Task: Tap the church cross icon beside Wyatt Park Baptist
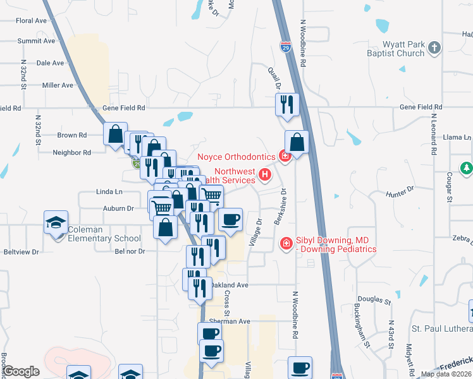434,47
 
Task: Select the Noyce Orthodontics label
236,157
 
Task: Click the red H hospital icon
266,174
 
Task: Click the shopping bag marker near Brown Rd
116,134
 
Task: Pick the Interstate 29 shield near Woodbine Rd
285,46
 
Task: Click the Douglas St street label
370,299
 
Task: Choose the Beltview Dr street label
23,251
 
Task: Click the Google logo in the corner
21,371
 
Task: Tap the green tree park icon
467,168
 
